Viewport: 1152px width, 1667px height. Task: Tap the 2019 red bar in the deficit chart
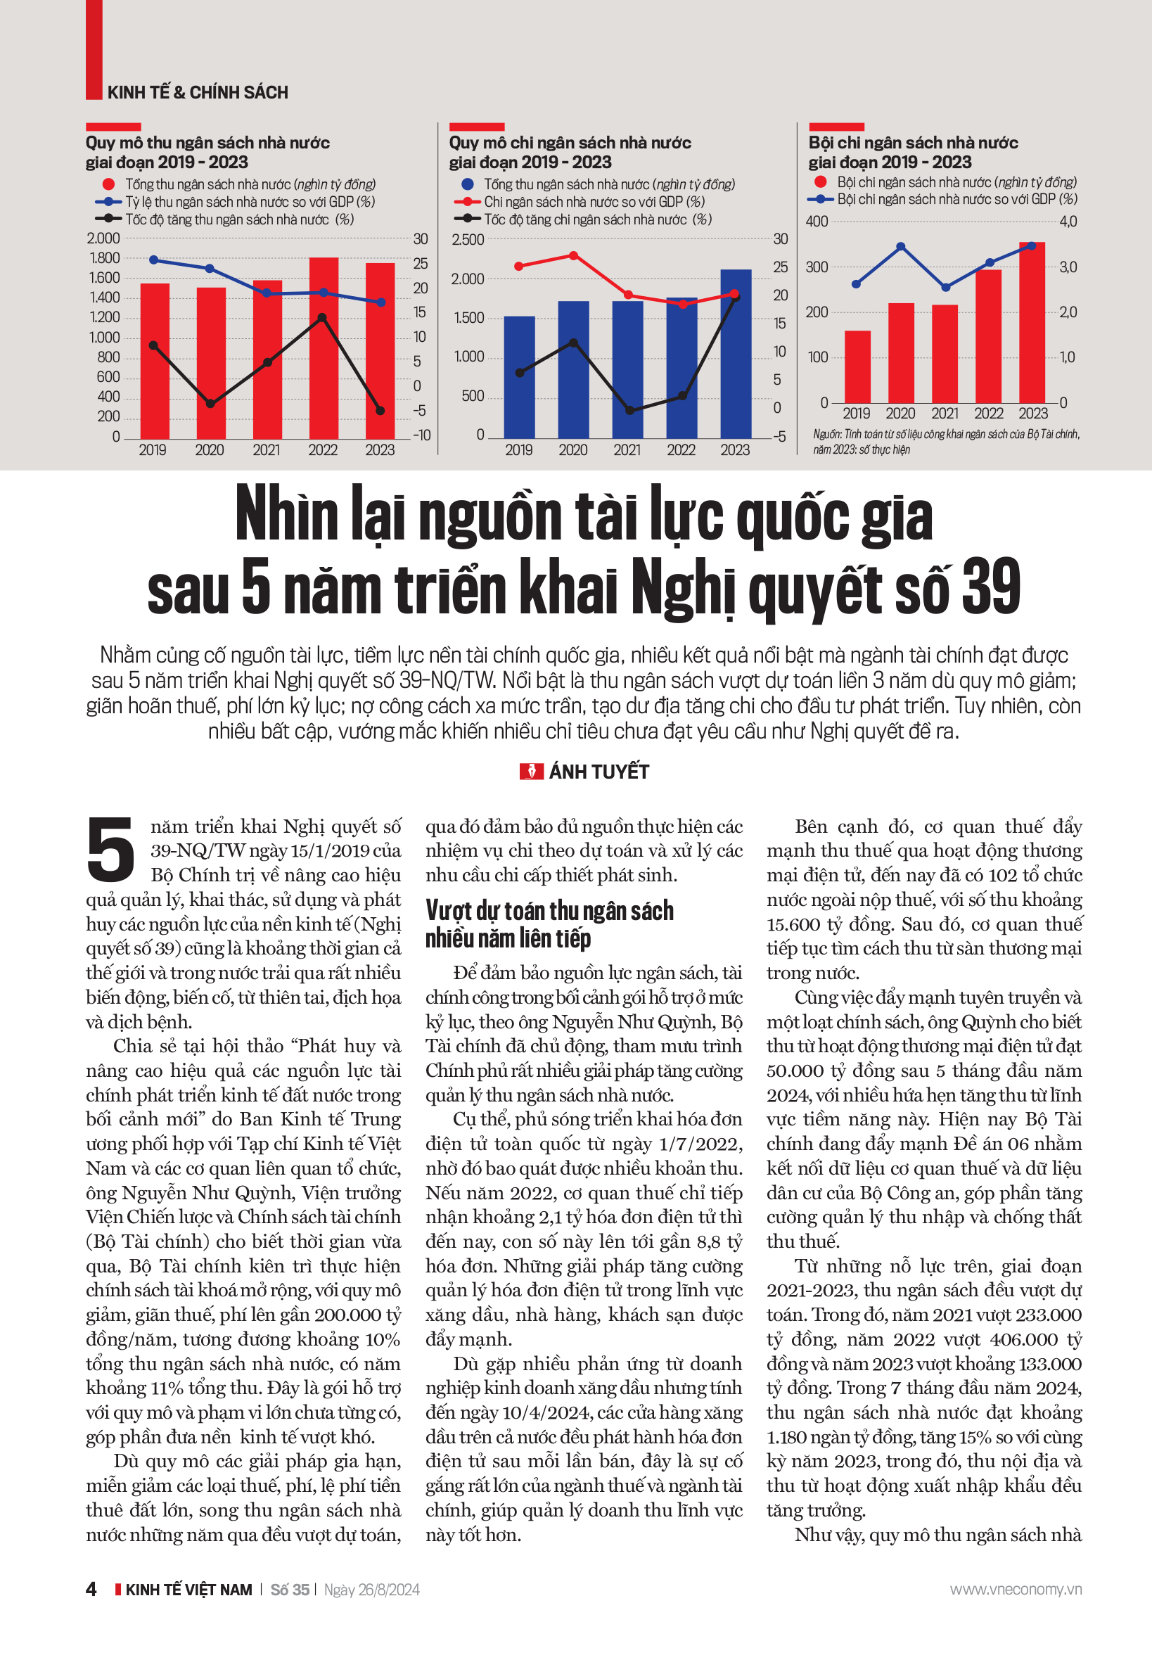point(857,366)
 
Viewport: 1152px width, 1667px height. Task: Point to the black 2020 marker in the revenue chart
point(210,404)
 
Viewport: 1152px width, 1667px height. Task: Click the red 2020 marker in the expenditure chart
point(573,255)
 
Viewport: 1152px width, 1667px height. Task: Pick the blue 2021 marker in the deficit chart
point(945,288)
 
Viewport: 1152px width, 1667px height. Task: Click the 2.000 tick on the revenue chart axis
point(103,238)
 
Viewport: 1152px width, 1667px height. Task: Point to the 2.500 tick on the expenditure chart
point(468,240)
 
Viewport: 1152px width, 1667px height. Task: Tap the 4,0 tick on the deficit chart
point(1068,222)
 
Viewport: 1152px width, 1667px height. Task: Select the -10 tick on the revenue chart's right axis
point(421,435)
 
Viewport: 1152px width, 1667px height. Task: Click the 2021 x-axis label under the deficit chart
point(945,414)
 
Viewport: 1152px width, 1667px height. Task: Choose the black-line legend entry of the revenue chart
point(238,219)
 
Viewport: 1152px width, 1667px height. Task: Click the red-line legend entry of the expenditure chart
point(594,202)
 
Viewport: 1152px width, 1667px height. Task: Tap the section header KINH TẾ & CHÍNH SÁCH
point(198,92)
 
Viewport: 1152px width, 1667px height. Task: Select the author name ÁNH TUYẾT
point(599,772)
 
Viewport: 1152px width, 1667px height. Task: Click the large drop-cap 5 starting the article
point(110,850)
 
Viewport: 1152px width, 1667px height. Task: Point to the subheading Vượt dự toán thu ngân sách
point(549,911)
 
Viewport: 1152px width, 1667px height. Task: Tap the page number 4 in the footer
point(91,1590)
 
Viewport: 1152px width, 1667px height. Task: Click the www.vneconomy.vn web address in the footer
point(1015,1590)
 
